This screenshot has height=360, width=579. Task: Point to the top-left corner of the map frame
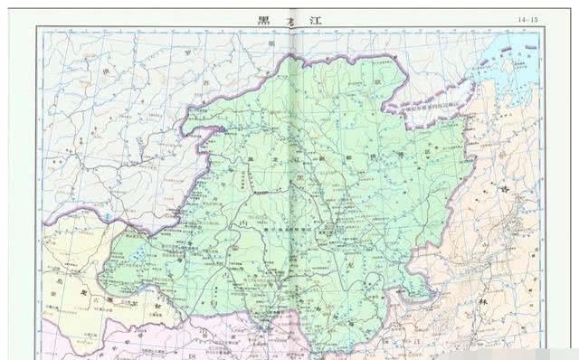[x=37, y=27]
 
